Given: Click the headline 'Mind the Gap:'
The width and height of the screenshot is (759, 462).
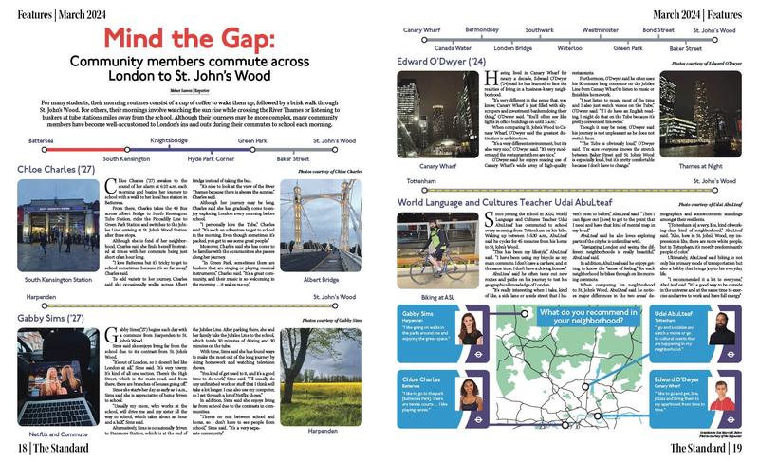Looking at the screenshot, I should pos(190,39).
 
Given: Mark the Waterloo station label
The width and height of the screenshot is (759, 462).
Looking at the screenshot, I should pos(569,47).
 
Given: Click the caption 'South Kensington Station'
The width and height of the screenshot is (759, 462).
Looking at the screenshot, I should pos(53,281).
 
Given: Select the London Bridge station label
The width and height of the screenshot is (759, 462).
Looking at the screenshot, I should pos(513,47).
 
